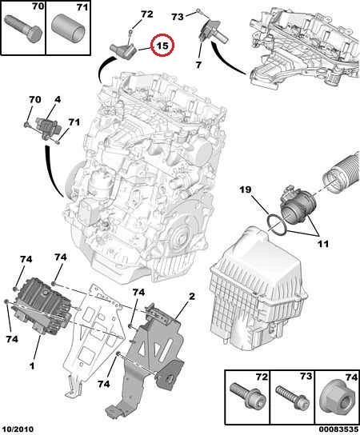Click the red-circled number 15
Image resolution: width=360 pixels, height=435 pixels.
pyautogui.click(x=162, y=46)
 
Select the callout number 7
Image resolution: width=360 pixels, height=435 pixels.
pyautogui.click(x=198, y=65)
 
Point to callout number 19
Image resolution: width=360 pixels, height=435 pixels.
pyautogui.click(x=246, y=190)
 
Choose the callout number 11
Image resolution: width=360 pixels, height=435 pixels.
pyautogui.click(x=322, y=244)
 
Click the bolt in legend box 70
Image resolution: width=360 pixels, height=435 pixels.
pyautogui.click(x=23, y=27)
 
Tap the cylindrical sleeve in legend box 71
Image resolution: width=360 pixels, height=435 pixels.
pyautogui.click(x=68, y=30)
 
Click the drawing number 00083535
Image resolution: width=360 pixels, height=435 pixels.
pyautogui.click(x=338, y=429)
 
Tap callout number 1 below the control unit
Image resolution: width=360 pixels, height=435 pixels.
pyautogui.click(x=32, y=365)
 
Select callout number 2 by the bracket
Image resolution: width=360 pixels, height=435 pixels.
pyautogui.click(x=192, y=297)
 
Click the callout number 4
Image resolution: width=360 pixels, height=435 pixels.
pyautogui.click(x=58, y=100)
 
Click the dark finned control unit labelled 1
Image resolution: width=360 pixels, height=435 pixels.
pyautogui.click(x=42, y=305)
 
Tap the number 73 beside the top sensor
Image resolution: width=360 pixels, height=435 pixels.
pyautogui.click(x=178, y=17)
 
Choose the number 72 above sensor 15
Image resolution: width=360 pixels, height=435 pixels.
pyautogui.click(x=147, y=14)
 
